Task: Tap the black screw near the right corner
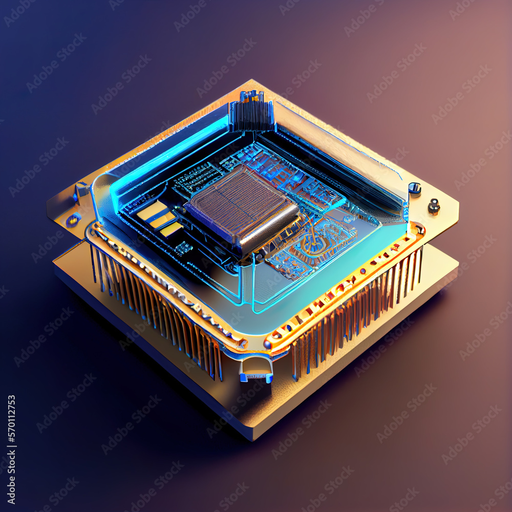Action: (x=434, y=206)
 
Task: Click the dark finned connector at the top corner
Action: (x=252, y=112)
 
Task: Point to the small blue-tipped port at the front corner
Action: (x=256, y=370)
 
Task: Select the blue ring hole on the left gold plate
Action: (x=73, y=220)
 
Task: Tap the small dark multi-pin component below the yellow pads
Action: (x=183, y=248)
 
